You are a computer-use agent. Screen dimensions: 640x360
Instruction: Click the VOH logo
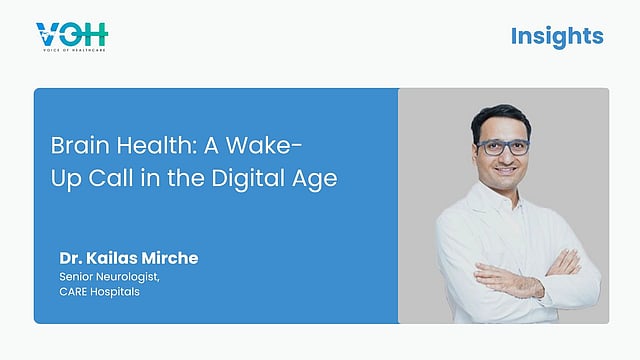72,37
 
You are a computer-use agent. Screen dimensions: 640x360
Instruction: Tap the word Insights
557,36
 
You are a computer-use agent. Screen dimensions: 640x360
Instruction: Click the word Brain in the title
80,145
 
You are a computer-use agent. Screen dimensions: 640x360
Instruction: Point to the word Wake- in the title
264,145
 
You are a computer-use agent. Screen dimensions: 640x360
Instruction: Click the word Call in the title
111,178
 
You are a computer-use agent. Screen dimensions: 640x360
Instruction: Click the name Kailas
111,258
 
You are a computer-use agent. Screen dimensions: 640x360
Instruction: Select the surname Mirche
170,258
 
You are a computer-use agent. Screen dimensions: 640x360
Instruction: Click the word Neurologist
129,277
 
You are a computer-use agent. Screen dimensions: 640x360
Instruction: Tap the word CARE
73,292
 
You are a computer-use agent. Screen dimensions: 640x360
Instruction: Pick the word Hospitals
115,292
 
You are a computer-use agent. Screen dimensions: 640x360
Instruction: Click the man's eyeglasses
503,147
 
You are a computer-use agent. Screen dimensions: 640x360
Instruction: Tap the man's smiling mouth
506,170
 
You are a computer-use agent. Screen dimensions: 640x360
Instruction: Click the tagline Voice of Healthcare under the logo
74,50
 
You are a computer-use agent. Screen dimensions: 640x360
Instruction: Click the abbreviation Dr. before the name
71,258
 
